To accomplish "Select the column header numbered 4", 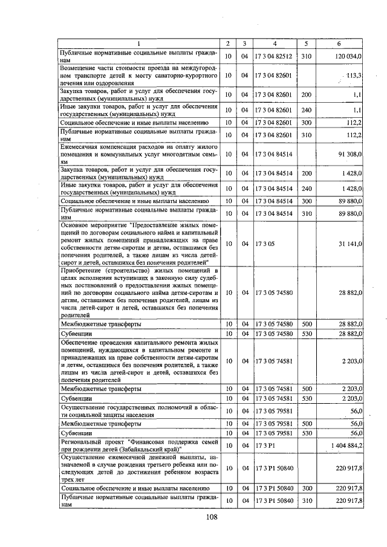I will (x=274, y=44).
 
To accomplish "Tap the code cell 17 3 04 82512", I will (x=274, y=56).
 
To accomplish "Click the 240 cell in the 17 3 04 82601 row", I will (x=306, y=110).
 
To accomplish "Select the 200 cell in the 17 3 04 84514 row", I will (x=306, y=173).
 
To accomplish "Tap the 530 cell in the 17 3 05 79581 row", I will (x=306, y=433).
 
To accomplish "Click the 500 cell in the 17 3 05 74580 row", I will (x=306, y=324).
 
